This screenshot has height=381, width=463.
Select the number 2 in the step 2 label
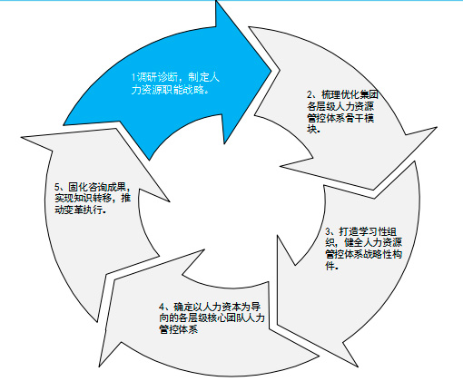pyautogui.click(x=310, y=95)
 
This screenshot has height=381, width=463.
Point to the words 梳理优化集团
pyautogui.click(x=350, y=95)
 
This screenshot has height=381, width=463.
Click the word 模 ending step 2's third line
pyautogui.click(x=369, y=118)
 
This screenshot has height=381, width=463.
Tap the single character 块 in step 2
pyautogui.click(x=312, y=129)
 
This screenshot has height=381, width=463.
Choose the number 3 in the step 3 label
pyautogui.click(x=329, y=231)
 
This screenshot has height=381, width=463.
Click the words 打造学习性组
pyautogui.click(x=368, y=231)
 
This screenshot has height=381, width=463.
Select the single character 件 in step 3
pyautogui.click(x=330, y=266)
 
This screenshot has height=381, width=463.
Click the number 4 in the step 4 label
pyautogui.click(x=162, y=307)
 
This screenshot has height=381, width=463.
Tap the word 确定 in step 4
pyautogui.click(x=183, y=307)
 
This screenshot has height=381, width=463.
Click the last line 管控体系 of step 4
pyautogui.click(x=179, y=329)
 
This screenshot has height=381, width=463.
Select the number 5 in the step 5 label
pyautogui.click(x=57, y=186)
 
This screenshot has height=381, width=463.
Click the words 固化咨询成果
pyautogui.click(x=97, y=187)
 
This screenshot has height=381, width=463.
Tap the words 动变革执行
pyautogui.click(x=79, y=210)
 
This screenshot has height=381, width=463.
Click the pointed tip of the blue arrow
pyautogui.click(x=271, y=71)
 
